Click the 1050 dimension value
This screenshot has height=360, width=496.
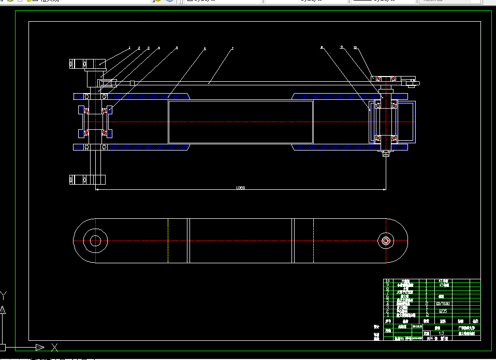[x=240, y=187]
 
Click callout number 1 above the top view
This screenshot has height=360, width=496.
[x=129, y=48]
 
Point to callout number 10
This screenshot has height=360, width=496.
[x=355, y=48]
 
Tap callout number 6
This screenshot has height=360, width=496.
[x=205, y=48]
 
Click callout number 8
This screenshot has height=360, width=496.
[x=322, y=48]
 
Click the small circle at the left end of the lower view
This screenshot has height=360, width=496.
[x=95, y=241]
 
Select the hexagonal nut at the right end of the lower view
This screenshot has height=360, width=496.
[x=385, y=241]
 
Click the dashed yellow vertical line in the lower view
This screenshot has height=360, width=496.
[x=168, y=241]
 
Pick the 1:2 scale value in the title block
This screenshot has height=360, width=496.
[x=441, y=333]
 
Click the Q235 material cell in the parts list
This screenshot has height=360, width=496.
[x=443, y=311]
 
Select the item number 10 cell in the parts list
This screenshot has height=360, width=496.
[x=387, y=281]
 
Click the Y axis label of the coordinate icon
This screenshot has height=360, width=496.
[x=4, y=296]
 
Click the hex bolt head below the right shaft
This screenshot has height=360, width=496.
[x=386, y=154]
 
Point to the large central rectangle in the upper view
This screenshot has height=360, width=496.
[x=240, y=122]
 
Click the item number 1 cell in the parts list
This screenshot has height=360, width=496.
[x=387, y=314]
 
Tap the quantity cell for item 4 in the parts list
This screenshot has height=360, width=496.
[x=426, y=304]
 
